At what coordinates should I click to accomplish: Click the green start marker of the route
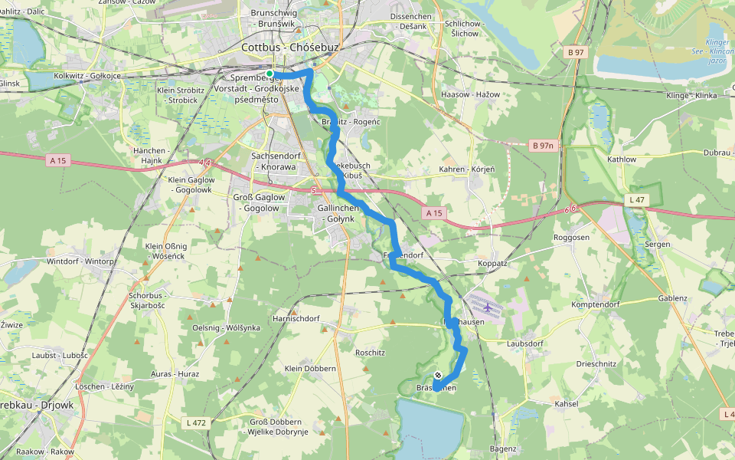click(269, 74)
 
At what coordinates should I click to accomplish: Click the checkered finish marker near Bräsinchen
click(437, 375)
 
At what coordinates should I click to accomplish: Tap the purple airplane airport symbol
click(488, 307)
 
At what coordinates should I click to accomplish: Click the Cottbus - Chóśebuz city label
click(289, 47)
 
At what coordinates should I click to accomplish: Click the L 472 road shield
click(196, 422)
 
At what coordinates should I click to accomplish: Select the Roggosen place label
click(572, 238)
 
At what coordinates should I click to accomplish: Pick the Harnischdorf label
click(296, 317)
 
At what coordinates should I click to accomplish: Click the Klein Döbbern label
click(310, 369)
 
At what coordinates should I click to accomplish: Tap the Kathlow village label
click(621, 159)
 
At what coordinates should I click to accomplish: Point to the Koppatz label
click(492, 263)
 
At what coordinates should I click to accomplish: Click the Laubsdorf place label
click(524, 343)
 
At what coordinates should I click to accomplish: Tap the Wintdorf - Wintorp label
click(80, 261)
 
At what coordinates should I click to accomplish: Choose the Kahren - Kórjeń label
click(466, 169)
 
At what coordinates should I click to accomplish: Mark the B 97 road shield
click(576, 51)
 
